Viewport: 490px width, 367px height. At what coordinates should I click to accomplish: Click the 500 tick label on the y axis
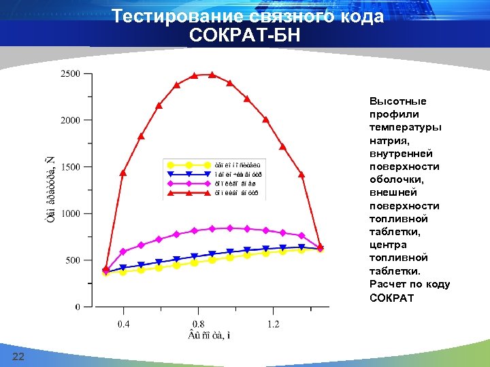(x=73, y=260)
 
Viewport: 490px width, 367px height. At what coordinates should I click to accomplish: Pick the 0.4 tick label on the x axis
(x=123, y=324)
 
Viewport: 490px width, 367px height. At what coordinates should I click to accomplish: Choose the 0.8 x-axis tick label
(x=198, y=324)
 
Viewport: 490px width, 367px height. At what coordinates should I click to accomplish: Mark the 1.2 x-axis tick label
(x=273, y=324)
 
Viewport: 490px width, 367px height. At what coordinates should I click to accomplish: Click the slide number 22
(x=18, y=357)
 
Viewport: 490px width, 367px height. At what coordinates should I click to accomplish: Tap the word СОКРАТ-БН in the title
(x=245, y=35)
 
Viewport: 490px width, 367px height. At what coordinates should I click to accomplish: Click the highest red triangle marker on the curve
(x=212, y=75)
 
